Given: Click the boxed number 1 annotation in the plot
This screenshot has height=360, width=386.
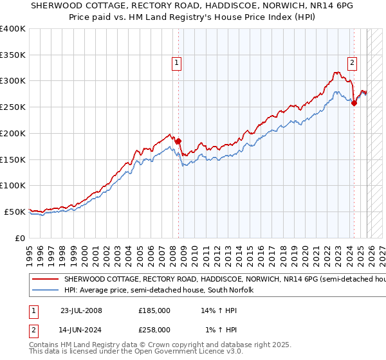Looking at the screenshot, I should click(176, 62).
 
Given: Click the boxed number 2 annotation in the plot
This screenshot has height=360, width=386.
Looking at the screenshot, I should click(353, 62).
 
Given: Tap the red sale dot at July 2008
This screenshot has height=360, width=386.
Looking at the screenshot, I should click(178, 141).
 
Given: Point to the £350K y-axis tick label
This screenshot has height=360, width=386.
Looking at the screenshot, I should click(12, 55).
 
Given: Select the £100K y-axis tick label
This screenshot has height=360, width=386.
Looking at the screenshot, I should click(12, 186).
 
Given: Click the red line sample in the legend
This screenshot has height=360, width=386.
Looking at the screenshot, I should click(46, 280).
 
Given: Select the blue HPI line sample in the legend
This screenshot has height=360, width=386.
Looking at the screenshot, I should click(46, 291).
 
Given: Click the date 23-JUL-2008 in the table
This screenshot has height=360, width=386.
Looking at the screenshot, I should click(81, 310).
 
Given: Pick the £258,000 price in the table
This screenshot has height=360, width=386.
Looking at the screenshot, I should click(154, 329).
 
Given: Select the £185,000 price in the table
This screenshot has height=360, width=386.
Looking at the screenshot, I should click(154, 310).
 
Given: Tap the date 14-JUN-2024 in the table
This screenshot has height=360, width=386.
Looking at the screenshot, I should click(81, 329).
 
